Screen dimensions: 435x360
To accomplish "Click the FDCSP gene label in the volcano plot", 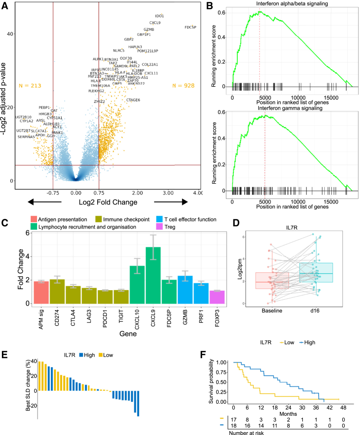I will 190,27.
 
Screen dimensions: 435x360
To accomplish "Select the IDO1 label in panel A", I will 159,16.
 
